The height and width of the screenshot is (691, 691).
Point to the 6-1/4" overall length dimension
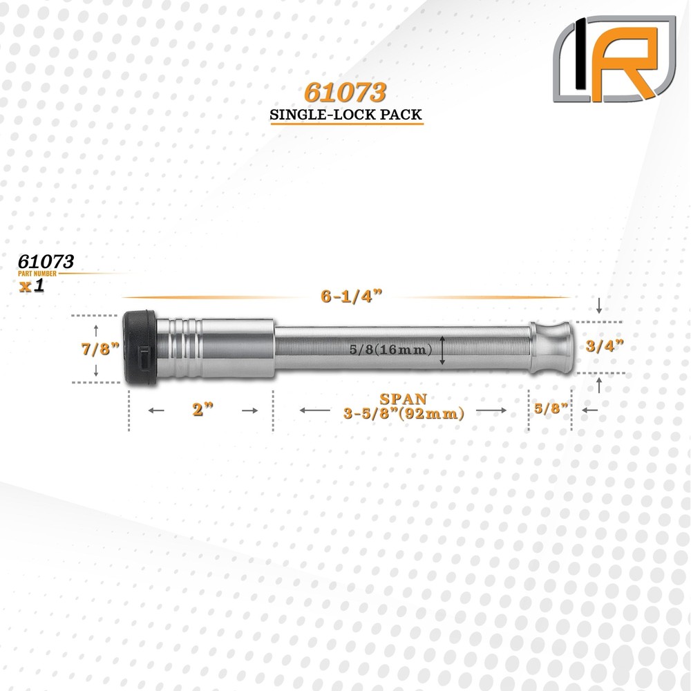(345, 297)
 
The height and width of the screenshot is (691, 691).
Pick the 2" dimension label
(202, 410)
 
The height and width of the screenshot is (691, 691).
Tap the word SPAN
(403, 399)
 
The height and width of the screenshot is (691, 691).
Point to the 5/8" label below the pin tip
(551, 409)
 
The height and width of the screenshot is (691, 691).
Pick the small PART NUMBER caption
(41, 274)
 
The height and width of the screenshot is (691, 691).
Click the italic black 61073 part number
(46, 262)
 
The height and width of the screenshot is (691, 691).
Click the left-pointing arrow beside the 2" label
(156, 410)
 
